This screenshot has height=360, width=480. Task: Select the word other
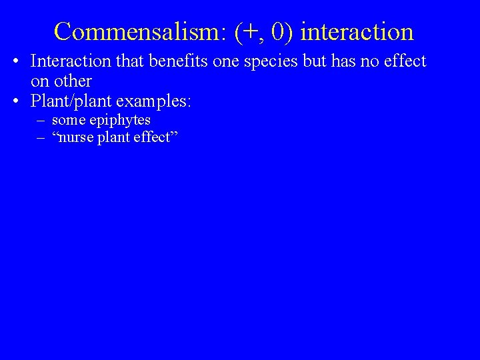72,81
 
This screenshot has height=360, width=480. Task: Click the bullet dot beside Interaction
15,62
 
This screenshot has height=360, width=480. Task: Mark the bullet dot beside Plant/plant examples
15,102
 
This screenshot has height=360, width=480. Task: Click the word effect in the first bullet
407,61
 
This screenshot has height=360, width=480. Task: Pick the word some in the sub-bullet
67,121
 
